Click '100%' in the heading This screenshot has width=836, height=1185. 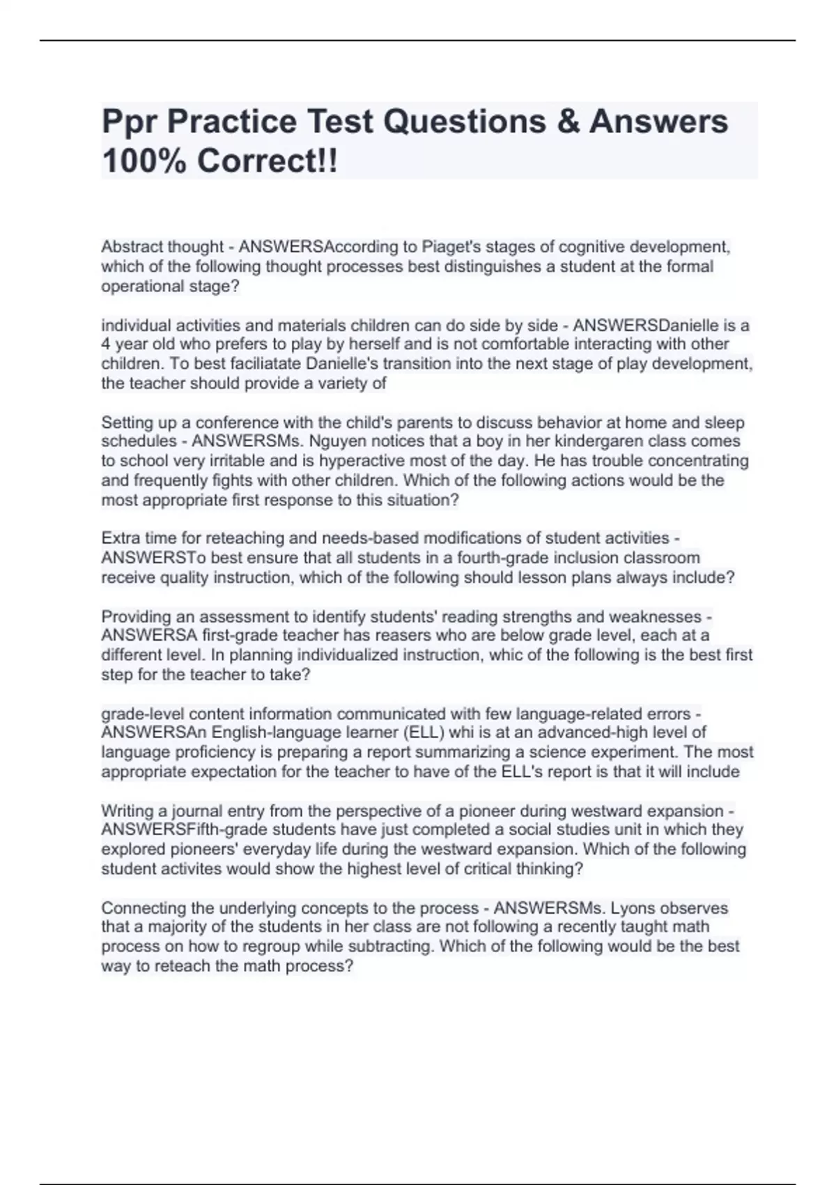click(x=144, y=162)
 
